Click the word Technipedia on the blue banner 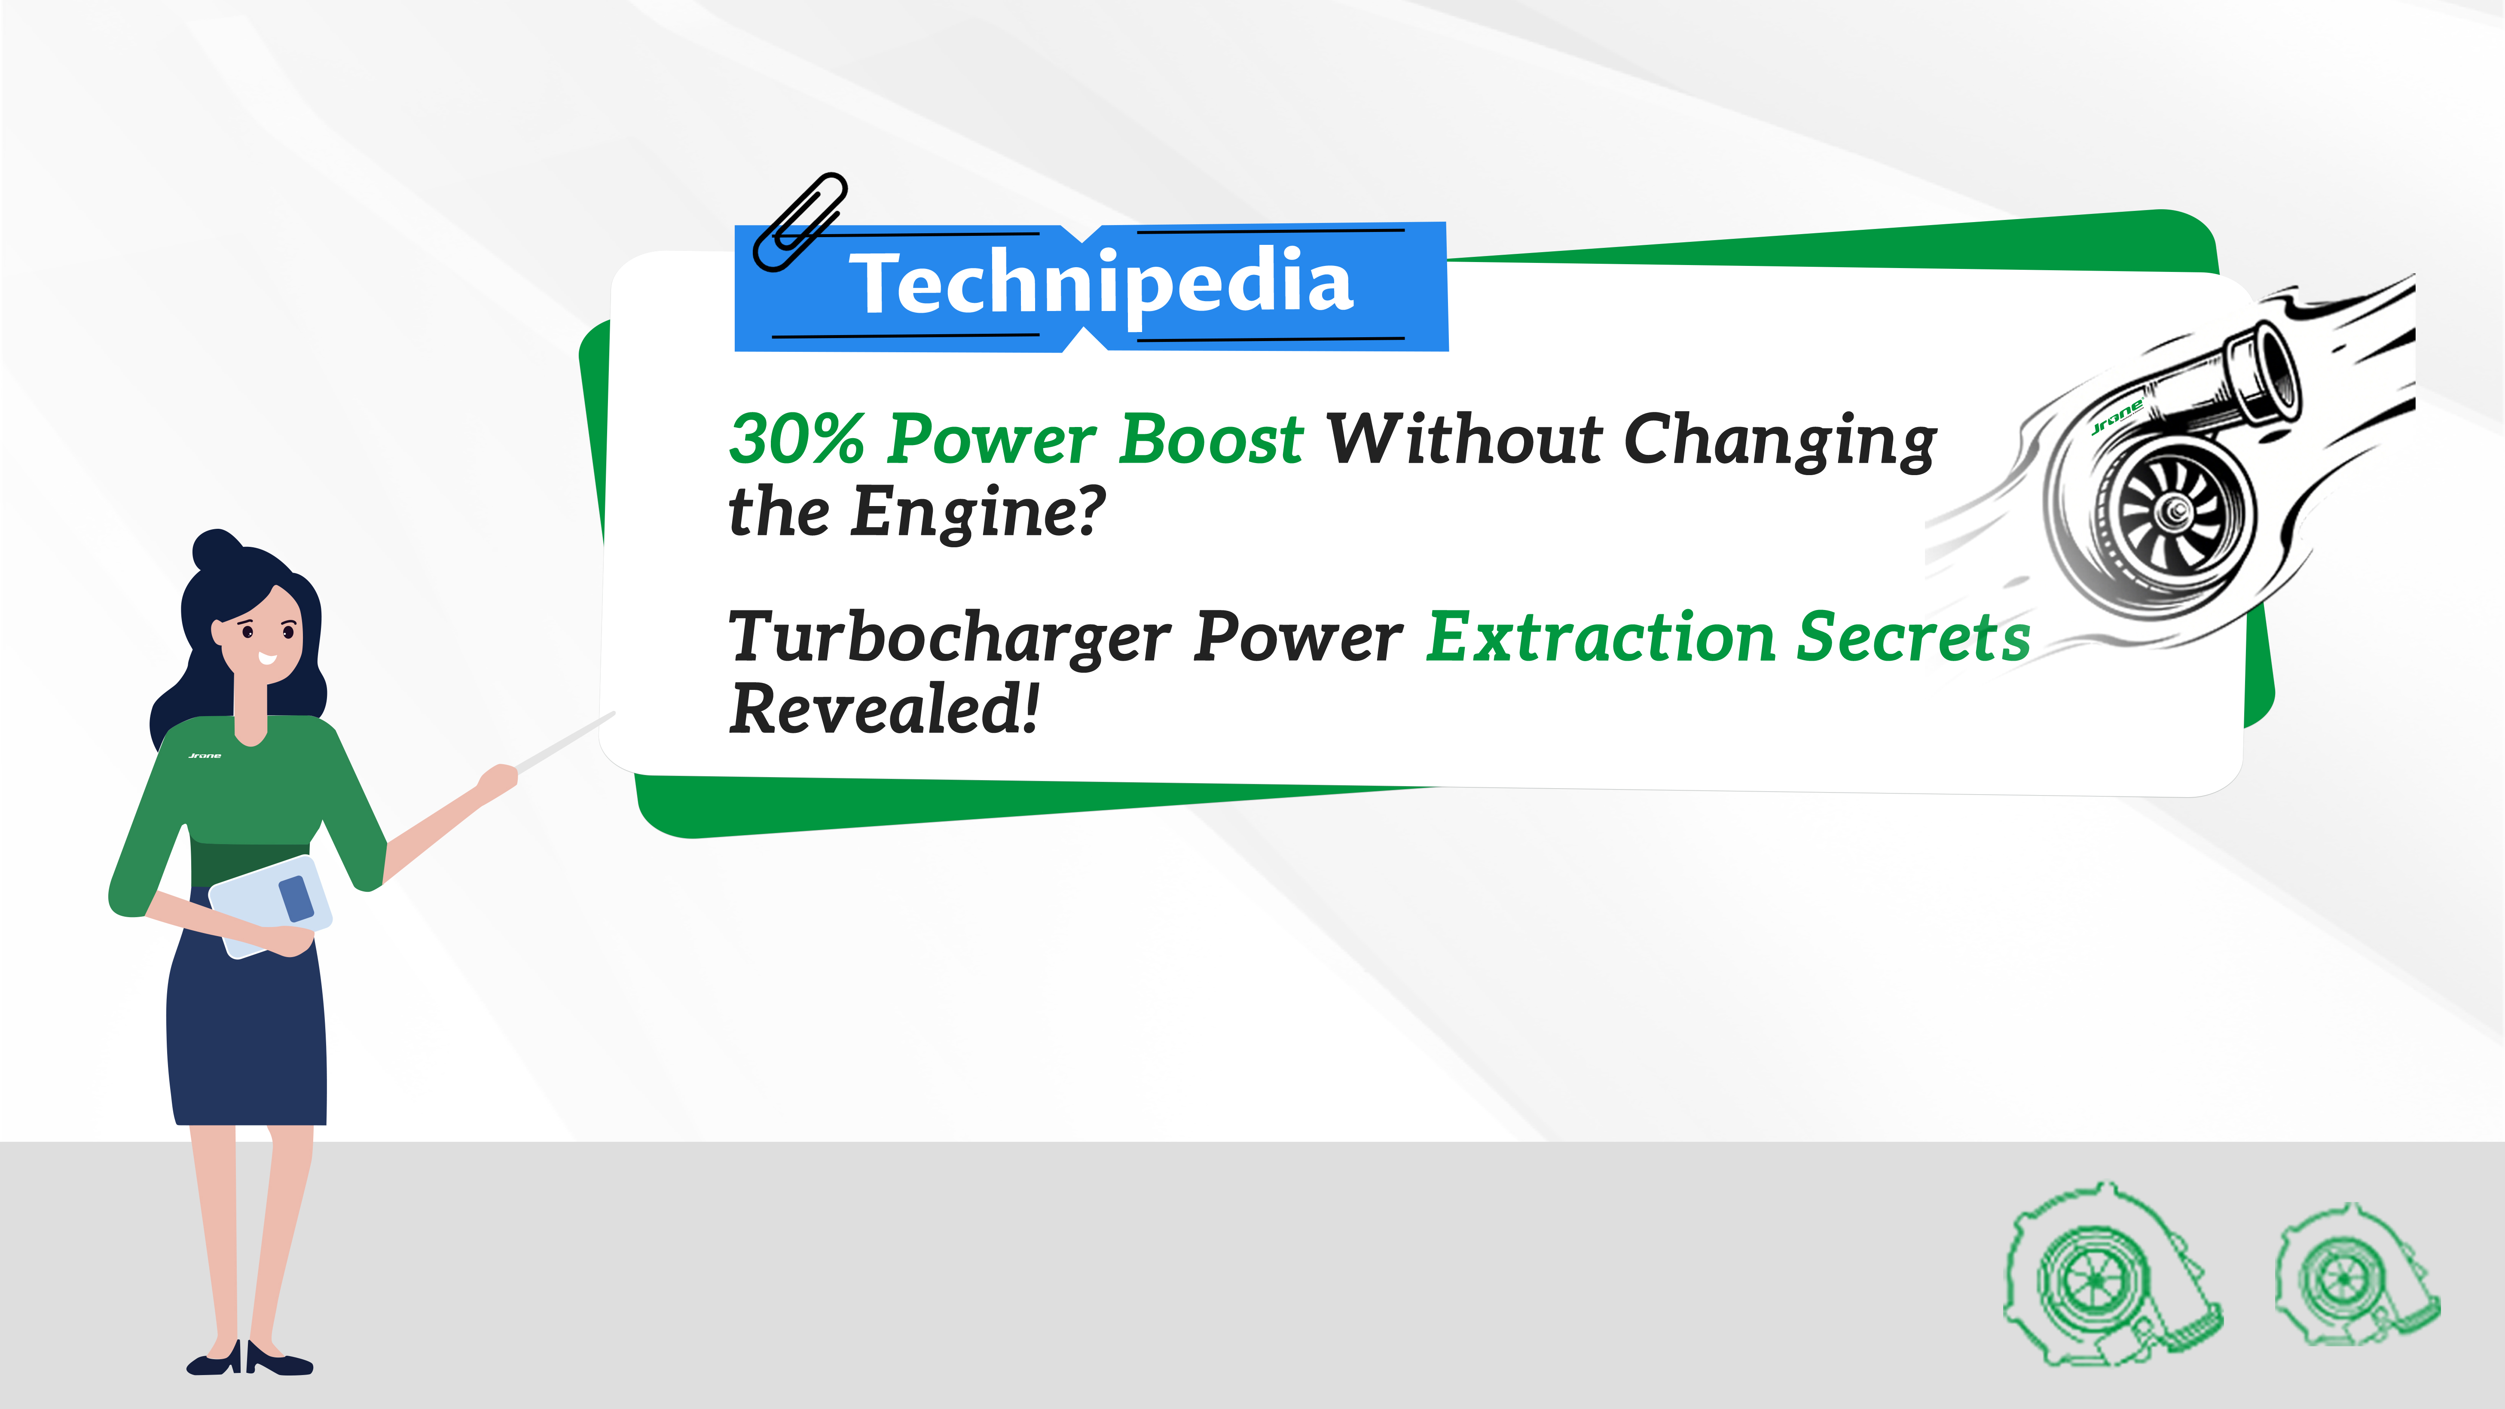pos(1102,283)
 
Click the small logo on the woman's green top pos(204,756)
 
